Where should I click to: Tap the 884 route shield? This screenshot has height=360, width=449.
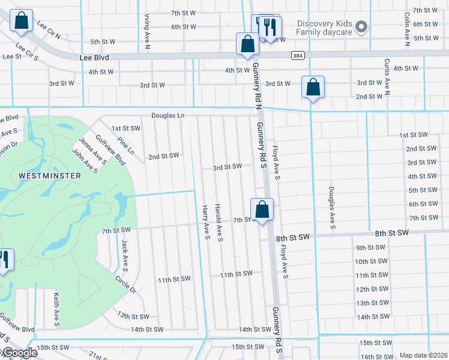[x=298, y=56]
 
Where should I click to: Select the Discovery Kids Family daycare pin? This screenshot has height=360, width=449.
[x=361, y=26]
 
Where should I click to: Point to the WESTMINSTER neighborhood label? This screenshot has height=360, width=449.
[x=41, y=176]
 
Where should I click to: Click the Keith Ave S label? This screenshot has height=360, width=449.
[x=56, y=310]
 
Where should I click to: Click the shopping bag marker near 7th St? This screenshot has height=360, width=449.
[x=262, y=210]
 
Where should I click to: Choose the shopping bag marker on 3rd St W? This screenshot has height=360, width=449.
[x=313, y=87]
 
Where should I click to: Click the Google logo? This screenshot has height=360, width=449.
[x=19, y=353]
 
